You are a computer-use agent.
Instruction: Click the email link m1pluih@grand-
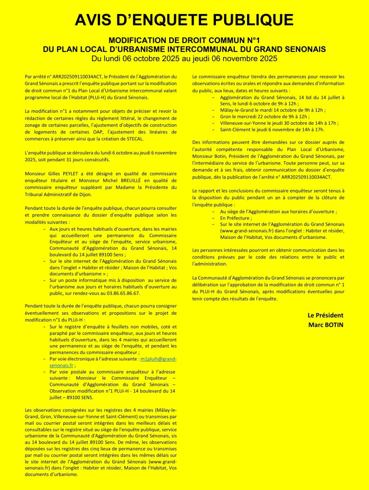pos(158,359)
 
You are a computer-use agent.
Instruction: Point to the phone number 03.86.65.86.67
pos(121,293)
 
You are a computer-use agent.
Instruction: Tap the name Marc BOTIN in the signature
pos(325,325)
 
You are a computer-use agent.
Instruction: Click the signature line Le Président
pos(325,315)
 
